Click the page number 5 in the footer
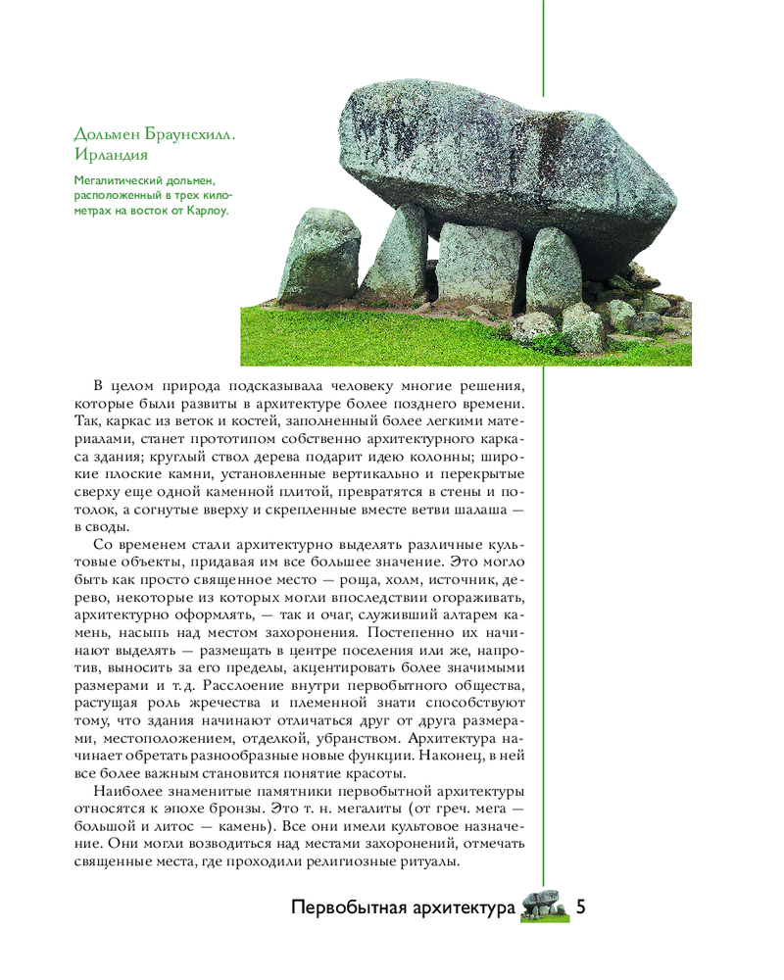point(581,906)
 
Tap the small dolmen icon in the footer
point(542,906)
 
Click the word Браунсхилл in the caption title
point(187,133)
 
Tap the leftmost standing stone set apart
point(319,257)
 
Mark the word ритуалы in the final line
point(426,860)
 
